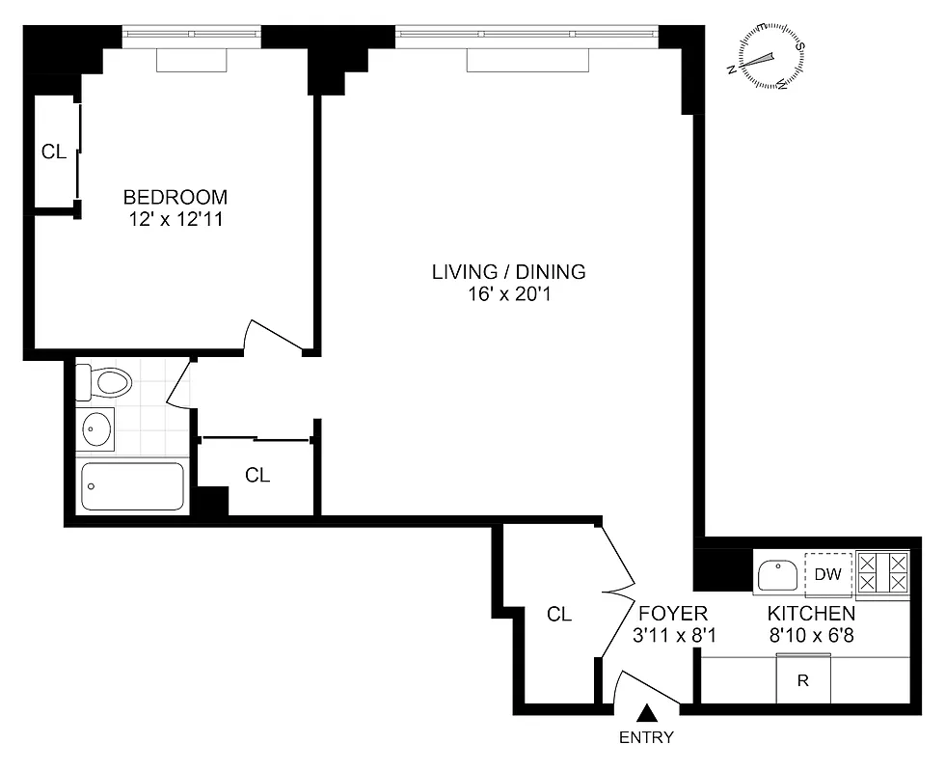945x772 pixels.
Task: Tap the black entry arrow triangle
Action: (648, 713)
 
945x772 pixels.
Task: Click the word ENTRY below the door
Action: (647, 738)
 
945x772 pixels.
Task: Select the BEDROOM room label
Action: (175, 198)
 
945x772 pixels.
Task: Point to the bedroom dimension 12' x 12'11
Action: (175, 219)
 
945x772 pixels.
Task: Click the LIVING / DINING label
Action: (508, 272)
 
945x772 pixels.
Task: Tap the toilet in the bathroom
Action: (104, 382)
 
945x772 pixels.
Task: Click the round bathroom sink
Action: (96, 428)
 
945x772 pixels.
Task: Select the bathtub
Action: (132, 486)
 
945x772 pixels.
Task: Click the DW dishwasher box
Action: (828, 575)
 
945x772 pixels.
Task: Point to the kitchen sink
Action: (776, 577)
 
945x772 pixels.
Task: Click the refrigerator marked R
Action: (802, 680)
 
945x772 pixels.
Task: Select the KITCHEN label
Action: (810, 614)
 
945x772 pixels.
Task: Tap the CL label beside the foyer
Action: (559, 614)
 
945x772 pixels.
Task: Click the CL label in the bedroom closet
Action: (53, 152)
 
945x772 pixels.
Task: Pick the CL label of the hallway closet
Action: (257, 475)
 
